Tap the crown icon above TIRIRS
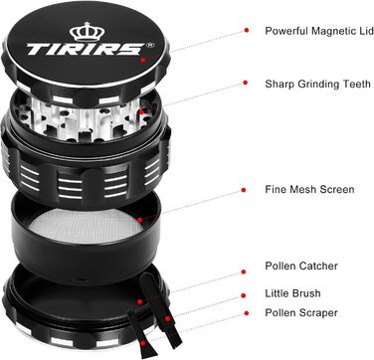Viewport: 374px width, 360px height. point(81,31)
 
